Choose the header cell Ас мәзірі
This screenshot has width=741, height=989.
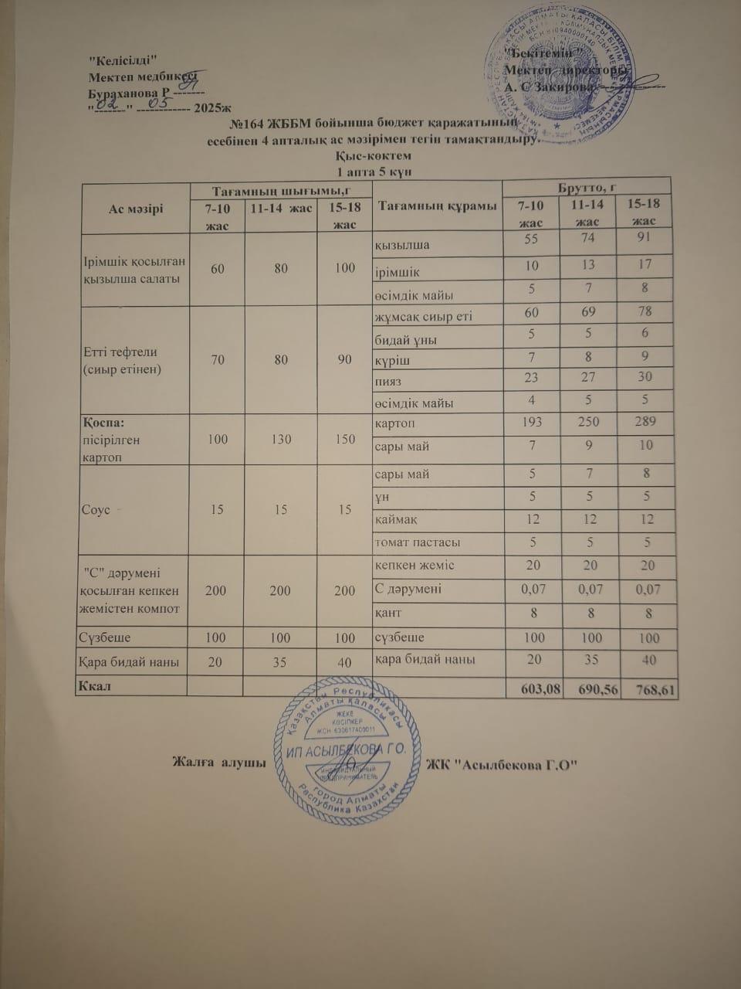[136, 208]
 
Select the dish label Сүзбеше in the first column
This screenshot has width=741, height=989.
[104, 638]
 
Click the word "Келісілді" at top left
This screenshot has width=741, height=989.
[124, 61]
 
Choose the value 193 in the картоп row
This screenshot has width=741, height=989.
[533, 422]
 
